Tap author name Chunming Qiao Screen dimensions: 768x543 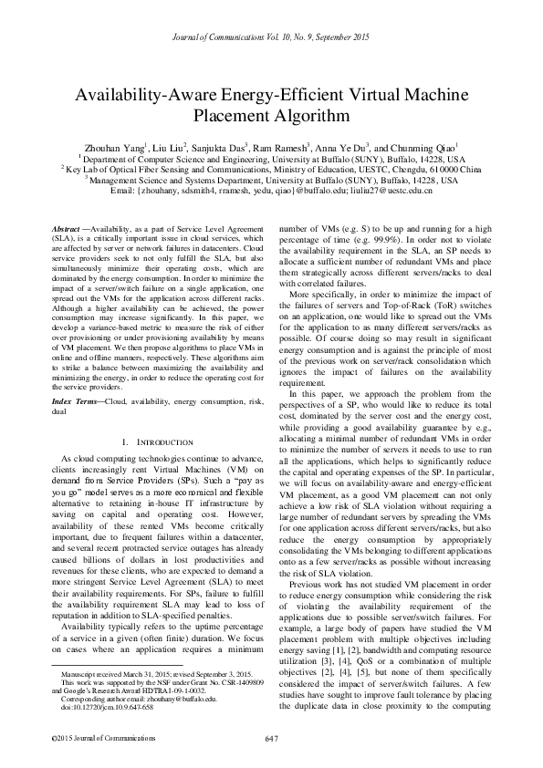[426, 146]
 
